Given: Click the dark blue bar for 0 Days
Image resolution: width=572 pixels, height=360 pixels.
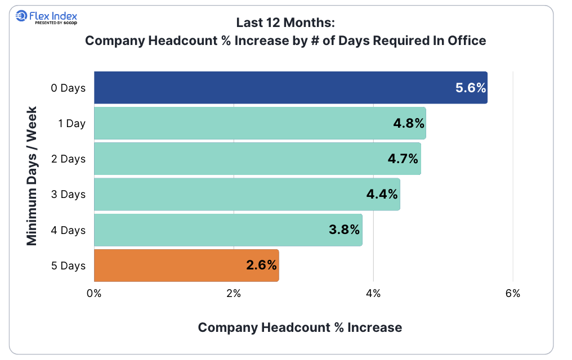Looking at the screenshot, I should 270,88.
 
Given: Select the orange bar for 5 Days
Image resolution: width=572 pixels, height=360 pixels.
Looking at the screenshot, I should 169,265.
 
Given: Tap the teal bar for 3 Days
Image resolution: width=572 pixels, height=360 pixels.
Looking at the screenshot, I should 225,195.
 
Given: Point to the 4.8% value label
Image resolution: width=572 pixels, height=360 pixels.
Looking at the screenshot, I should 409,123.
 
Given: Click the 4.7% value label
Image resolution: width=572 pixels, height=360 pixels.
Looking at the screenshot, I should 403,159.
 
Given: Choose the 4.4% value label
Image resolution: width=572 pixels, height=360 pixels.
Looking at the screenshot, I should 382,195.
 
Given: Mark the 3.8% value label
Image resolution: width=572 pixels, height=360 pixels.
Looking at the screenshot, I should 345,230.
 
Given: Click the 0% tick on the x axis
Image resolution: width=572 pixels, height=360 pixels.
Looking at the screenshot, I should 93,293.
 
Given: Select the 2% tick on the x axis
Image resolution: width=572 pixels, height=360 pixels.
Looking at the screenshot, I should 234,293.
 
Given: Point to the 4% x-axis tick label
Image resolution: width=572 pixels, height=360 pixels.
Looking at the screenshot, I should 373,293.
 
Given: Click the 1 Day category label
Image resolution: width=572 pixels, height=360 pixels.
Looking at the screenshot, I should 72,123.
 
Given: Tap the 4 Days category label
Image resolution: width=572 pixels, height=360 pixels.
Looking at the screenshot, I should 69,230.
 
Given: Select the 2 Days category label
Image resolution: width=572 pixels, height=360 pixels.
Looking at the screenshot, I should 69,159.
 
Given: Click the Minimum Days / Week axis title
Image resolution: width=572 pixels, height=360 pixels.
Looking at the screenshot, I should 32,175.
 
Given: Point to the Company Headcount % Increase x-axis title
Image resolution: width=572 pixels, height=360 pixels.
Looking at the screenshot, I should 300,327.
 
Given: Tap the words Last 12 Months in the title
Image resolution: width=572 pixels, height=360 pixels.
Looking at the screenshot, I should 285,23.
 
